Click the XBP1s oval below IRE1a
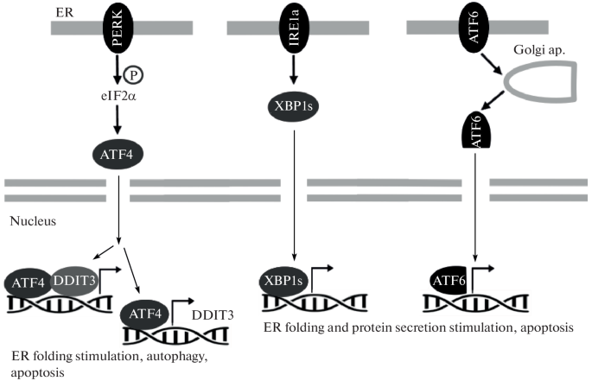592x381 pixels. pyautogui.click(x=295, y=109)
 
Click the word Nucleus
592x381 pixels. pyautogui.click(x=33, y=221)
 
